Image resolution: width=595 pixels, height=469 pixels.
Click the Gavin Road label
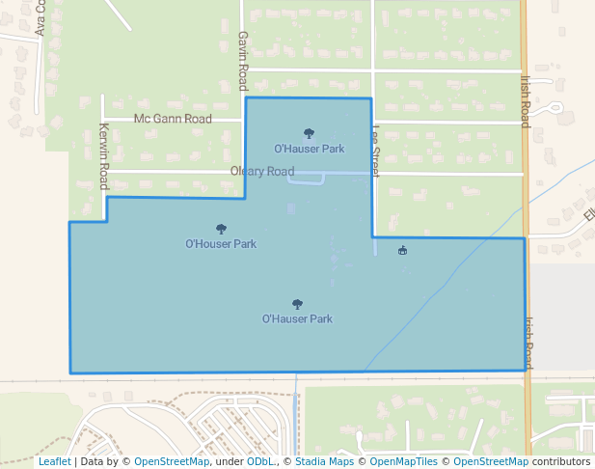pos(243,60)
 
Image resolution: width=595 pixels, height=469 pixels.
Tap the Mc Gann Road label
pos(173,119)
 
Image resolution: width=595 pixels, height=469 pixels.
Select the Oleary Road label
pos(262,172)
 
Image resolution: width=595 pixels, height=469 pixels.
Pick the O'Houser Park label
pos(221,244)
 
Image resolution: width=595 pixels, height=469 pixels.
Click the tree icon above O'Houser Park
pos(221,230)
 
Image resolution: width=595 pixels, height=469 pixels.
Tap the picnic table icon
pos(402,251)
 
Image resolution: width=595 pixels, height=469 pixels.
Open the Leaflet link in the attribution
pos(54,462)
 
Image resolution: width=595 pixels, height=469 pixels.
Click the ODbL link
pos(260,462)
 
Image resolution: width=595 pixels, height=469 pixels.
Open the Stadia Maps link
pos(325,462)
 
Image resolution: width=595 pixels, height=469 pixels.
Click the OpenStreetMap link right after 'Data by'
pos(172,462)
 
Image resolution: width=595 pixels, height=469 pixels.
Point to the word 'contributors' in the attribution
pos(561,462)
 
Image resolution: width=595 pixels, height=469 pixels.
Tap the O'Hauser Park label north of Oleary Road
pos(309,149)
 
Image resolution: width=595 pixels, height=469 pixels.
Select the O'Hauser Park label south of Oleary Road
pos(297,318)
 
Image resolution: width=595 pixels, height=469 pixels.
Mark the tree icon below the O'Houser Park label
pos(297,304)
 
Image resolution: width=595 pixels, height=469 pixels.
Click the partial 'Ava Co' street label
pos(41,19)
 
